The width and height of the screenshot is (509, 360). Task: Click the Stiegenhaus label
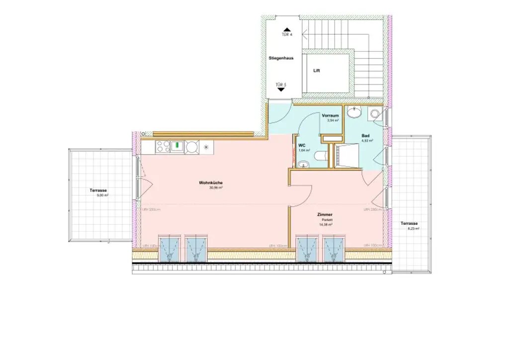[x=281, y=58]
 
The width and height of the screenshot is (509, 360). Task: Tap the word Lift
[x=317, y=71]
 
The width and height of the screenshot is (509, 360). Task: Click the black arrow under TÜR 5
[x=281, y=90]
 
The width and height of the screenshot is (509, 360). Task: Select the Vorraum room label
[x=330, y=115]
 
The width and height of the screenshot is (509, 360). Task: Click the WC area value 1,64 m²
[x=304, y=150]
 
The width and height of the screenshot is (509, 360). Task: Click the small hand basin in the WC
[x=303, y=164]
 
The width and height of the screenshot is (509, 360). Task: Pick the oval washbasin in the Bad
[x=354, y=113]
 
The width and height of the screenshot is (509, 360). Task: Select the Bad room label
[x=365, y=135]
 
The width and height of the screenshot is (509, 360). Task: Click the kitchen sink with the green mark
[x=177, y=147]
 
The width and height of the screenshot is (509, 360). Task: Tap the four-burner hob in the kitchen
[x=163, y=146]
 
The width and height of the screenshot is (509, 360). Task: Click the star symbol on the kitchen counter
[x=205, y=146]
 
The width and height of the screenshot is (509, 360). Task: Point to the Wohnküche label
[x=211, y=183]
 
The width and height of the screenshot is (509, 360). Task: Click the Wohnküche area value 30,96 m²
[x=215, y=188]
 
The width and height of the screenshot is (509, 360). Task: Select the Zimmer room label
[x=325, y=214]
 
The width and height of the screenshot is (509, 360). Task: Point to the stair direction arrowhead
[x=304, y=35]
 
